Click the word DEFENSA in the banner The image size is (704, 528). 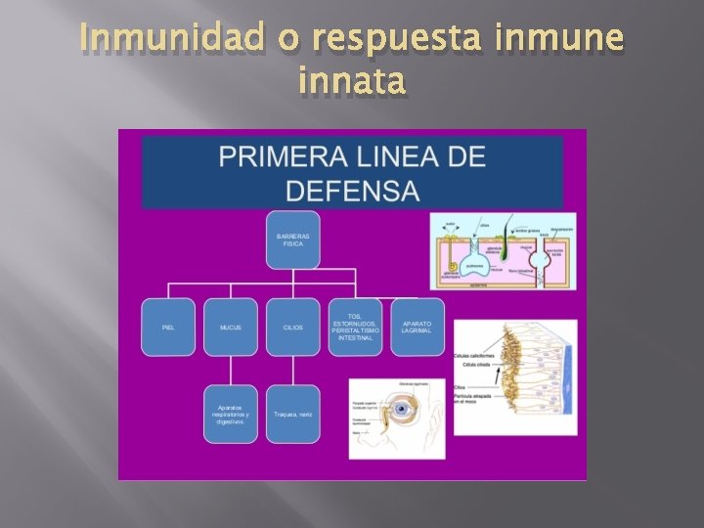353,190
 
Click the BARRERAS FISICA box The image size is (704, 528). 292,240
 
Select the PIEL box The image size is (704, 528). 168,327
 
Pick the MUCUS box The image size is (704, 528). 231,327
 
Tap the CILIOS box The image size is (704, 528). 292,327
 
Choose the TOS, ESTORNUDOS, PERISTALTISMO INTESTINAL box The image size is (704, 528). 355,327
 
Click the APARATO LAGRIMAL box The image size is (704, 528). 417,327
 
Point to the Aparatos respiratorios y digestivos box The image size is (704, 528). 231,414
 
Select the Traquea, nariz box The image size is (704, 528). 292,414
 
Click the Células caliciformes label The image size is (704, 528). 474,355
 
